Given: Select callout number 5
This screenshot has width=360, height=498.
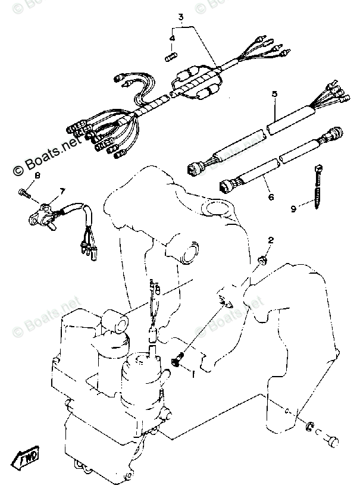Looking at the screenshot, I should (275, 95).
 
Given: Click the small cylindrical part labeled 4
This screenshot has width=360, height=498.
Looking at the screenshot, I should (171, 57).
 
